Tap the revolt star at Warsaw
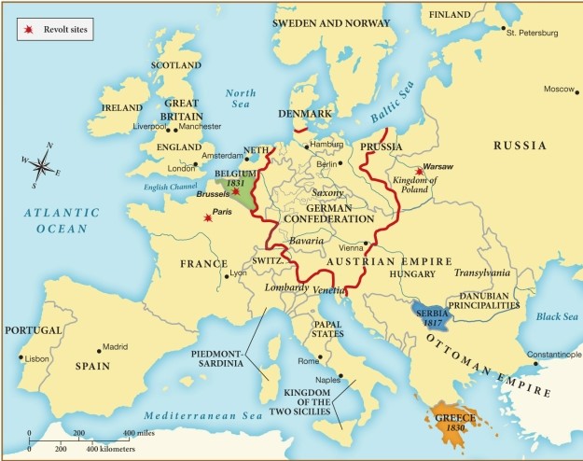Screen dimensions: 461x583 pyautogui.click(x=420, y=172)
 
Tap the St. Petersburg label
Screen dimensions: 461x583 pyautogui.click(x=532, y=34)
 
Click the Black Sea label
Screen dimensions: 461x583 pyautogui.click(x=558, y=317)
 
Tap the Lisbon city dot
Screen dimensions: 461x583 pyautogui.click(x=21, y=357)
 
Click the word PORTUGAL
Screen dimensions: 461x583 pyautogui.click(x=34, y=331)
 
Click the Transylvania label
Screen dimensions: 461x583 pyautogui.click(x=482, y=272)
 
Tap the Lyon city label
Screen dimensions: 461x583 pyautogui.click(x=239, y=272)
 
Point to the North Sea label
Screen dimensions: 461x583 pyautogui.click(x=240, y=99)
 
